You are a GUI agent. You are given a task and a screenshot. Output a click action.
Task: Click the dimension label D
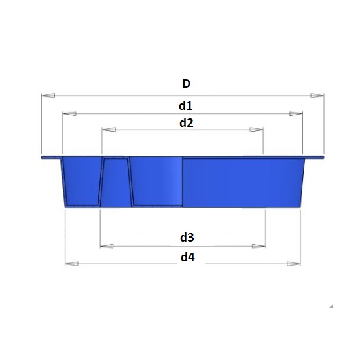[x=186, y=84]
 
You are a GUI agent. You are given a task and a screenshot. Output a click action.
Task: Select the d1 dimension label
[x=186, y=106]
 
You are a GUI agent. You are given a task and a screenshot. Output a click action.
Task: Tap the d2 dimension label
[x=186, y=123]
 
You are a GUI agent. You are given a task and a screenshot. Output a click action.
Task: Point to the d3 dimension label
[x=187, y=237]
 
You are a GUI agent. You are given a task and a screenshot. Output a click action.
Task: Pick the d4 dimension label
[x=188, y=257]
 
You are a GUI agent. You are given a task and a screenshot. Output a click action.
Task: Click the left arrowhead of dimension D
[x=48, y=96]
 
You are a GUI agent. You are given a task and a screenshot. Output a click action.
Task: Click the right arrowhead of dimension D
[x=317, y=96]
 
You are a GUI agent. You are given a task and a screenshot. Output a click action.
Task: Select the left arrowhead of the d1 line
[x=69, y=113]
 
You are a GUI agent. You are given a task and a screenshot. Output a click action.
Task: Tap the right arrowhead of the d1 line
[x=296, y=113]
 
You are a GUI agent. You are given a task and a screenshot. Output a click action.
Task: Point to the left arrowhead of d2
[x=109, y=130]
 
